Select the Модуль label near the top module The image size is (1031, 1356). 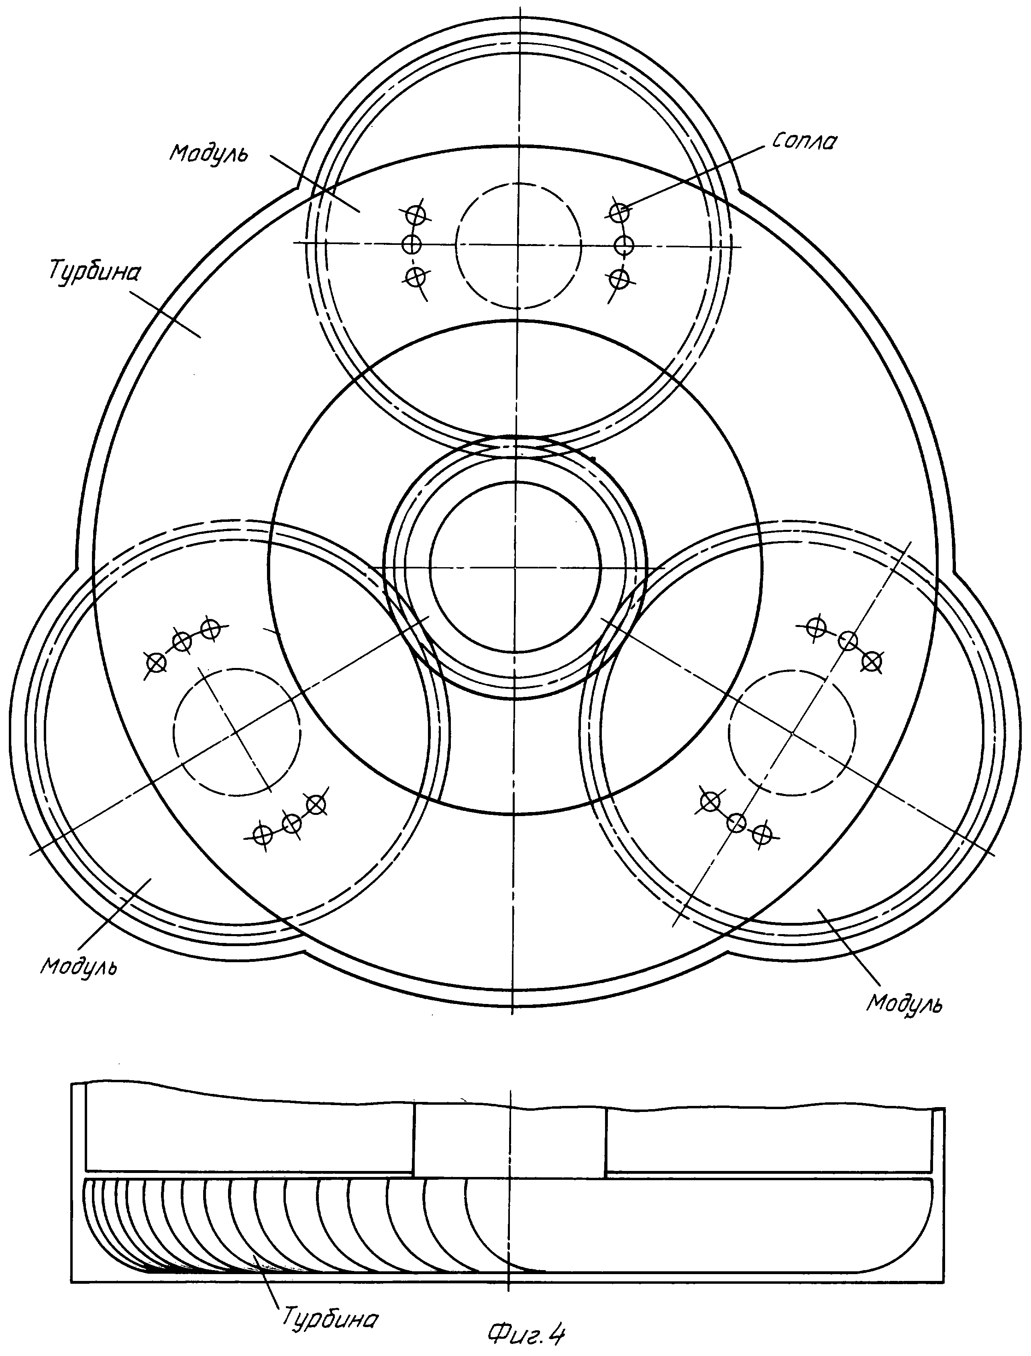point(209,153)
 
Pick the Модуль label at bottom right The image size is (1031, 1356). point(904,1004)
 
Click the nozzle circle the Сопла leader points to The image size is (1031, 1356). point(619,212)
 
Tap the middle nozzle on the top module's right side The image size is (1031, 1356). point(624,245)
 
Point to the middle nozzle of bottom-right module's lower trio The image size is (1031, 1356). point(737,822)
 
